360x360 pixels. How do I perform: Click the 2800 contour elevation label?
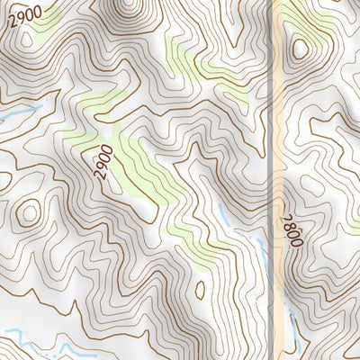(x=292, y=231)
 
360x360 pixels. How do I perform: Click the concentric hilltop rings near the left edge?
(x=30, y=213)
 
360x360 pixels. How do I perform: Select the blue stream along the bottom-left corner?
(x=36, y=342)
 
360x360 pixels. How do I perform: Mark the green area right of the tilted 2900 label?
(x=139, y=162)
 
